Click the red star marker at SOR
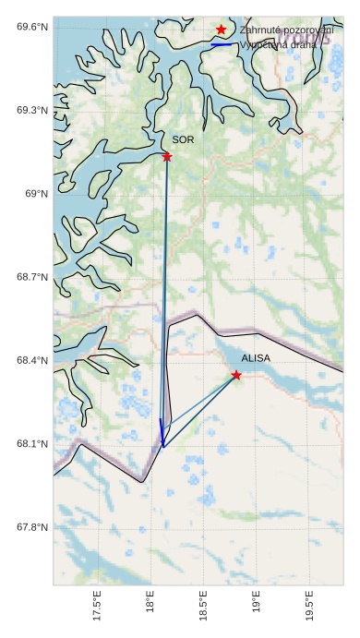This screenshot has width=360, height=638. pyautogui.click(x=167, y=157)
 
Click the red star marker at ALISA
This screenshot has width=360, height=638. pyautogui.click(x=237, y=375)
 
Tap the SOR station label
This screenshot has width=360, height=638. pyautogui.click(x=183, y=139)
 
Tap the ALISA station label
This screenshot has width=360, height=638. pyautogui.click(x=256, y=357)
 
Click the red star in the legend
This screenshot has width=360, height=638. pyautogui.click(x=222, y=30)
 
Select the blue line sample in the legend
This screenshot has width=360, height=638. pyautogui.click(x=222, y=44)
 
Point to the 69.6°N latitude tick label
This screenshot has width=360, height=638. pyautogui.click(x=32, y=27)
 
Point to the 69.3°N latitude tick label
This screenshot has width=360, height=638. pyautogui.click(x=32, y=110)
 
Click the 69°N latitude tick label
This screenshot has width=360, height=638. pyautogui.click(x=36, y=194)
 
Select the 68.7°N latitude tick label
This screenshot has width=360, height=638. pyautogui.click(x=32, y=277)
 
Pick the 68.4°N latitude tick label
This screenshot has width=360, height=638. pyautogui.click(x=32, y=361)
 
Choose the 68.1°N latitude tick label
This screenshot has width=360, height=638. pyautogui.click(x=32, y=444)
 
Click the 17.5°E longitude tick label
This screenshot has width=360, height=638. pyautogui.click(x=97, y=610)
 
